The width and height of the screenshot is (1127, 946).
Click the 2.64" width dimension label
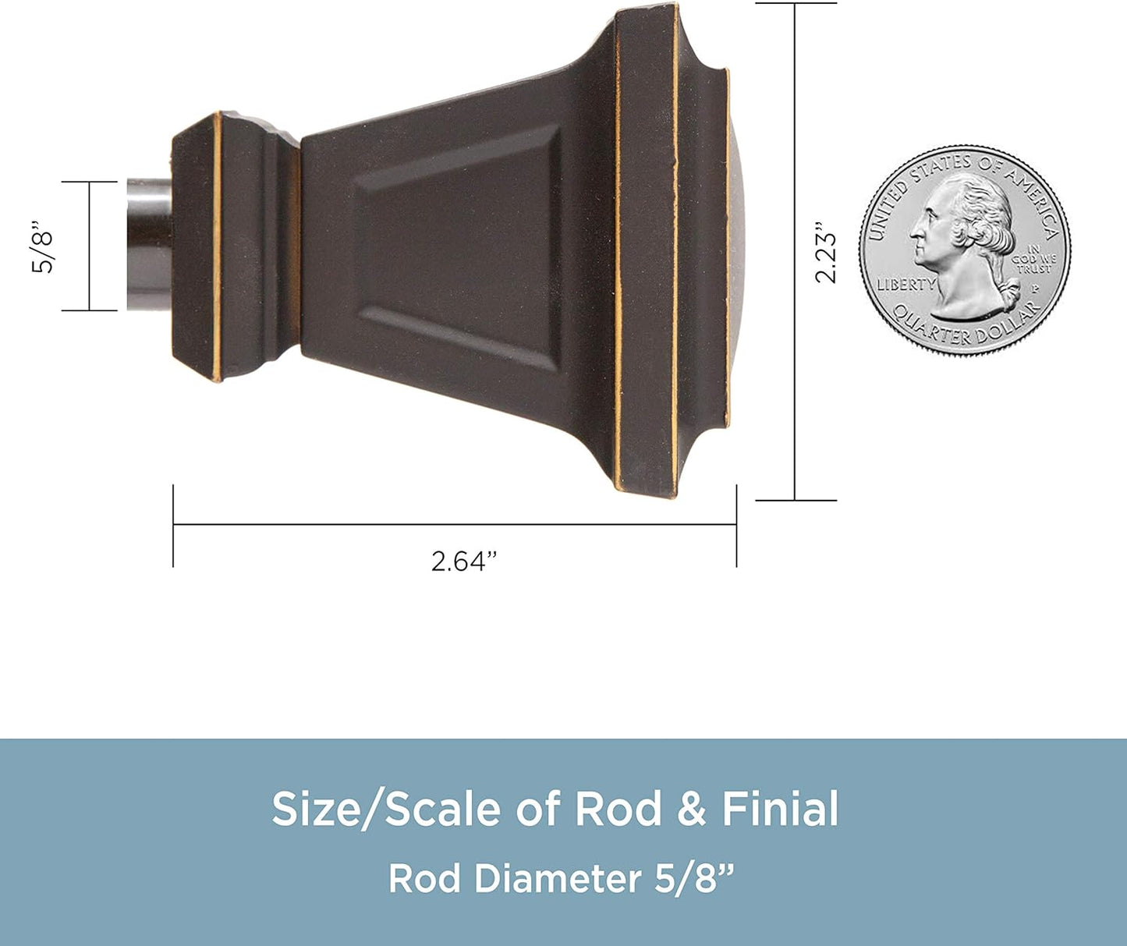pos(463,561)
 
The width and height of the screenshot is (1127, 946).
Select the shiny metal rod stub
pos(149,244)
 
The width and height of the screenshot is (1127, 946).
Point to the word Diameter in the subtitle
pos(557,879)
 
